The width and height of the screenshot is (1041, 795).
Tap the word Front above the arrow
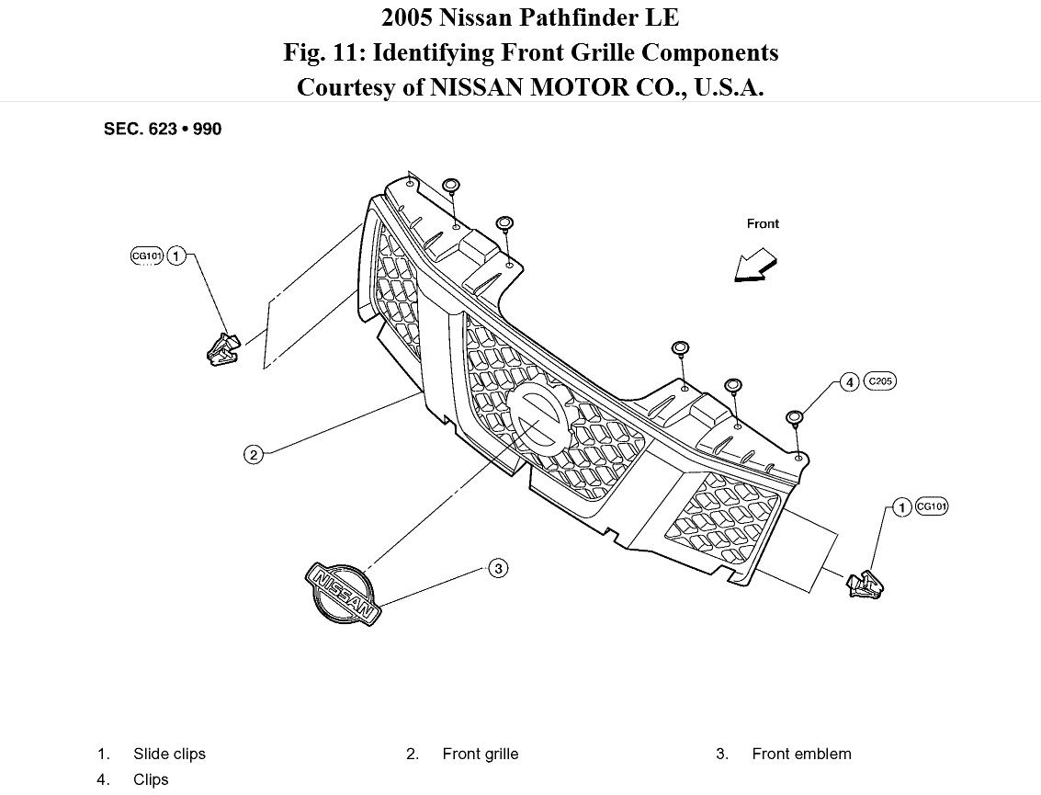pos(763,223)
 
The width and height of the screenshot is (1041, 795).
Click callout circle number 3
pos(498,569)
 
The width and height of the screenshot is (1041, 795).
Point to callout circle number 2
pos(254,453)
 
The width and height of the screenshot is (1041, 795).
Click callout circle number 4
pos(848,381)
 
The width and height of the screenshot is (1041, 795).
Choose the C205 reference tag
pos(879,381)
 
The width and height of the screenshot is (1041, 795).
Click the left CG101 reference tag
pos(147,256)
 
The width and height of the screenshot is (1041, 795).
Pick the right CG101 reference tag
pos(932,506)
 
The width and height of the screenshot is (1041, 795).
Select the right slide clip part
pos(866,583)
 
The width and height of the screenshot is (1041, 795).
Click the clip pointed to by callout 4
pos(795,418)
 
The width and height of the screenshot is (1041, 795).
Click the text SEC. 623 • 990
pos(163,129)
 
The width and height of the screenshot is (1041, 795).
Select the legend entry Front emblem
pos(801,754)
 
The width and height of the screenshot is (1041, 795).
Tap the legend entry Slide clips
pos(169,754)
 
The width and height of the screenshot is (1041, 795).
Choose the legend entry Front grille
pos(480,754)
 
